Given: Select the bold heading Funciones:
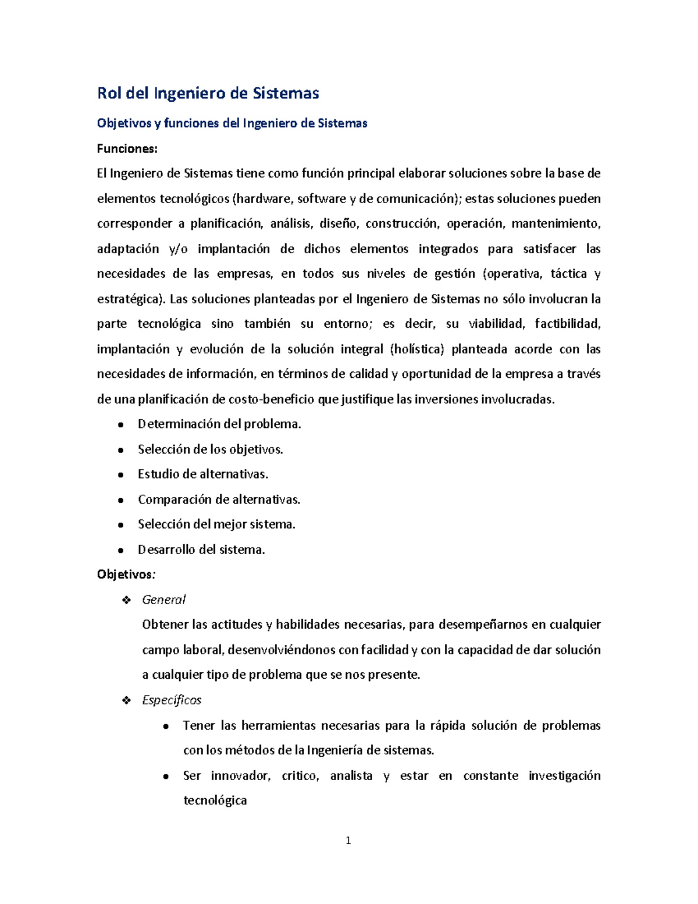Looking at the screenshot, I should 127,148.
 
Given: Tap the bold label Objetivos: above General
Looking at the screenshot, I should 126,575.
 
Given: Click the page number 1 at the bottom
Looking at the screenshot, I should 348,841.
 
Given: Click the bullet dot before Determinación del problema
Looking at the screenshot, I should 120,425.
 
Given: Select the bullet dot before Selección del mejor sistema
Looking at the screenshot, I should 120,525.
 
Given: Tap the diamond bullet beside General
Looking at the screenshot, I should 126,600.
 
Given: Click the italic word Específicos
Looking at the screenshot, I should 172,700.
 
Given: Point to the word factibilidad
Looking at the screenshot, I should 567,324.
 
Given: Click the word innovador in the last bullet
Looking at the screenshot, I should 240,776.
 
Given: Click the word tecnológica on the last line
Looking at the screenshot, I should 215,801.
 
